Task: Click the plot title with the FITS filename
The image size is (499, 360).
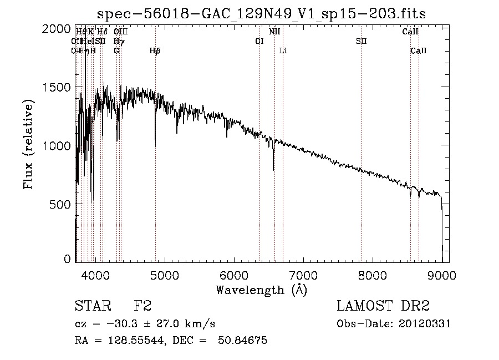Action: tap(261, 13)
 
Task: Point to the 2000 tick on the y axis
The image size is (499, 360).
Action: tap(57, 29)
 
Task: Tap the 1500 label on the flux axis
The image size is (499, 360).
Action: tap(57, 88)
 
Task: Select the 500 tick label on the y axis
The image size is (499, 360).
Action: tap(61, 204)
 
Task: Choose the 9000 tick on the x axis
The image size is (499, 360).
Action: tap(442, 274)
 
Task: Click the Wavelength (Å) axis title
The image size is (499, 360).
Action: tap(261, 290)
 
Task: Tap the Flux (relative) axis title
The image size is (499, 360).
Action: tap(29, 144)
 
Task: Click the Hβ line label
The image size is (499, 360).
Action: tap(155, 51)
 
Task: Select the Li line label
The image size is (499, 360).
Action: tap(283, 51)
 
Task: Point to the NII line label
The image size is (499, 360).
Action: tap(274, 32)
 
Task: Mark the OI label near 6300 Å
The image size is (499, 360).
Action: tap(259, 41)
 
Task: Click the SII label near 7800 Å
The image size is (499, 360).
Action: tap(361, 41)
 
